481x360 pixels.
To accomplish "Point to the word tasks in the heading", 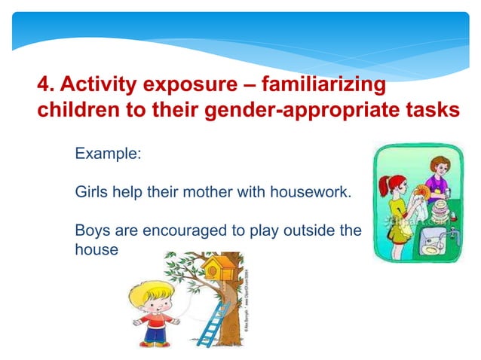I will [432, 110].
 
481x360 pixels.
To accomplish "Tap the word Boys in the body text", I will [93, 230].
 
